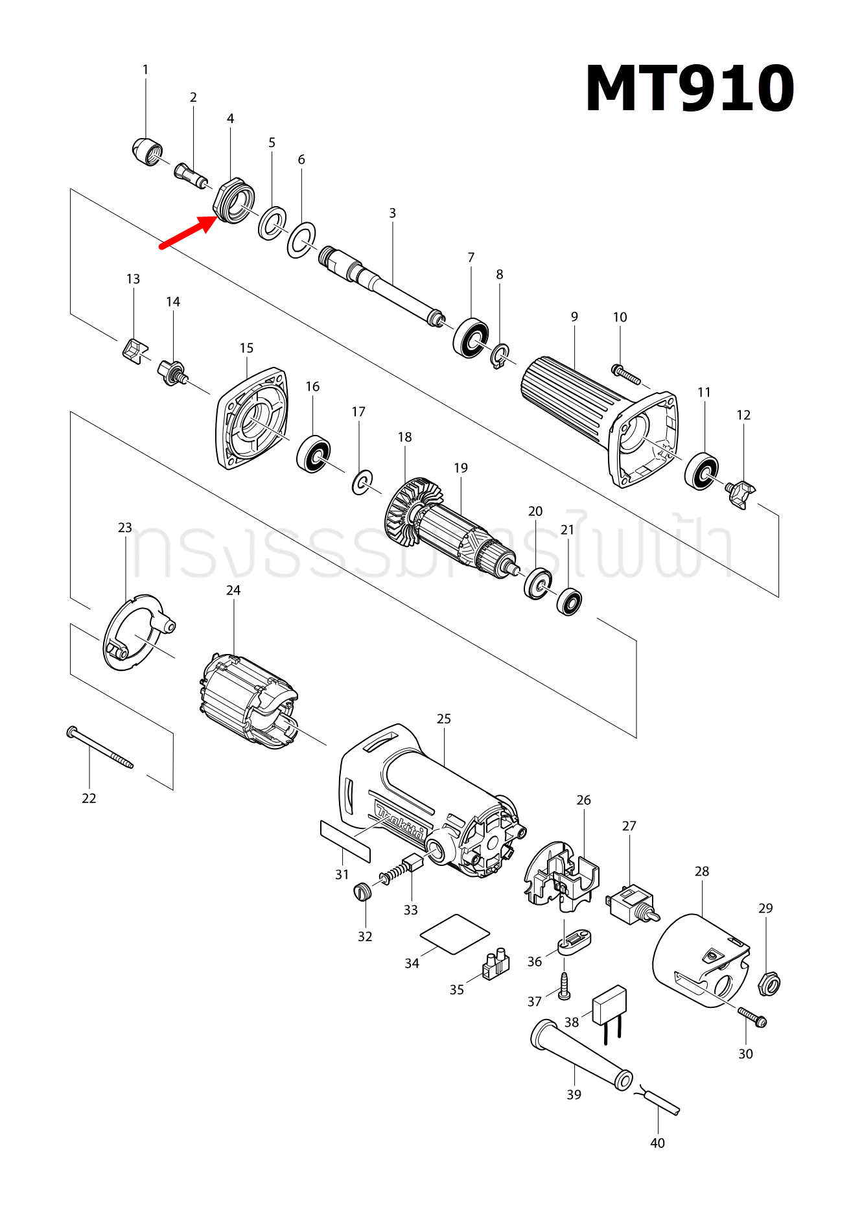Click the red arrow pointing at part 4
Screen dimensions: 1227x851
click(x=188, y=232)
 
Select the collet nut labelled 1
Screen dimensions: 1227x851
click(x=146, y=152)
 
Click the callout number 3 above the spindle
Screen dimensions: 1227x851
click(x=392, y=213)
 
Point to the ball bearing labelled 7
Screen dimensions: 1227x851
click(x=471, y=337)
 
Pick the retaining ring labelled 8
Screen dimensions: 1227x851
click(x=500, y=356)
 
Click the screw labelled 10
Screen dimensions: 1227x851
click(x=626, y=375)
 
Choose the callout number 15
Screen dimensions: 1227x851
click(x=246, y=348)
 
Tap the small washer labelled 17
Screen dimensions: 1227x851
click(x=362, y=482)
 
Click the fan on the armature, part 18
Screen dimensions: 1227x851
click(x=405, y=512)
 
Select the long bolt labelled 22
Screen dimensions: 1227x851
click(x=100, y=747)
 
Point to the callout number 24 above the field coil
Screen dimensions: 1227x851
click(x=233, y=590)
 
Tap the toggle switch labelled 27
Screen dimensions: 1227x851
click(x=631, y=904)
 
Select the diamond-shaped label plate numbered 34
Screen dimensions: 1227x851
click(x=454, y=934)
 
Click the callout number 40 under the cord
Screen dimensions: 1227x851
click(x=657, y=1143)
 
